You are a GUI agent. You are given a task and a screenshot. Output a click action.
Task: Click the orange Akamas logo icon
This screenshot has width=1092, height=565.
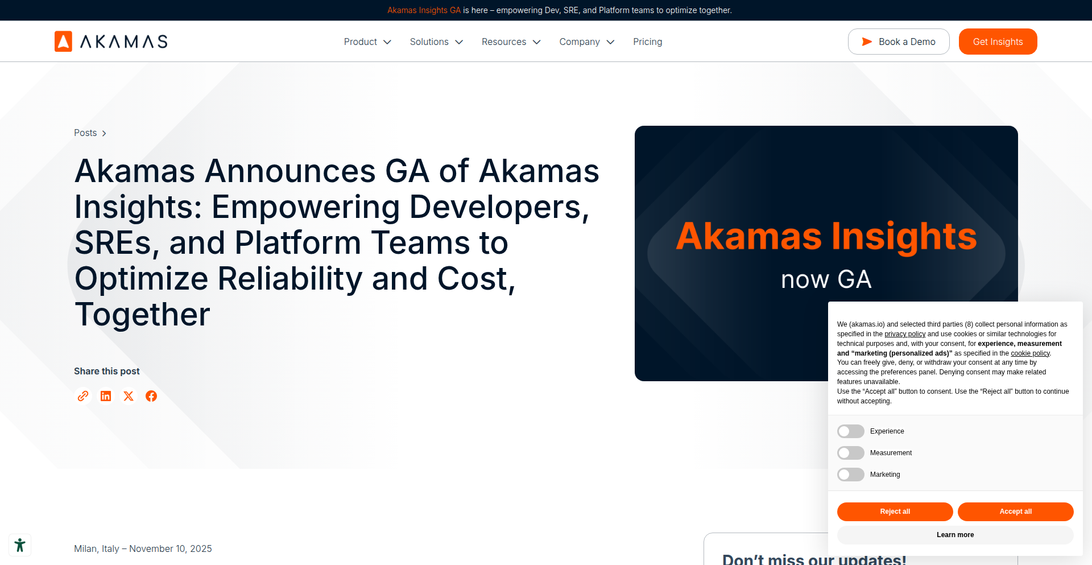coord(63,42)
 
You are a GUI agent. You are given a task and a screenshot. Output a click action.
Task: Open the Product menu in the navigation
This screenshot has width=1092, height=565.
coord(367,42)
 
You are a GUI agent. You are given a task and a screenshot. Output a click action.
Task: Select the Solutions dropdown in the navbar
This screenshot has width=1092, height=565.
coord(436,42)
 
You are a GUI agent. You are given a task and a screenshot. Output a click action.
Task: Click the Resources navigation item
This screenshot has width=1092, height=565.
coord(511,42)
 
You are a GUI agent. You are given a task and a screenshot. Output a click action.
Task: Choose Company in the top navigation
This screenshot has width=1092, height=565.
coord(586,42)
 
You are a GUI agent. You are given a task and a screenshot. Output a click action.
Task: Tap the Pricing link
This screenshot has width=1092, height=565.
coord(647,42)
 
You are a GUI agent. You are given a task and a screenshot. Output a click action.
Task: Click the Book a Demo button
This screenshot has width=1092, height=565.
coord(898,42)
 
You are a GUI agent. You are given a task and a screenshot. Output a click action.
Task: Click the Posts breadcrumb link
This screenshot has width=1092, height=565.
coord(85,133)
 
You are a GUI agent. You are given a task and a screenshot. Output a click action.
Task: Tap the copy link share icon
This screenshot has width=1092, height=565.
coord(83,396)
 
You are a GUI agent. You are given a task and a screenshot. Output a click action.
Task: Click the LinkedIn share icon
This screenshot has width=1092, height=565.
coord(106,396)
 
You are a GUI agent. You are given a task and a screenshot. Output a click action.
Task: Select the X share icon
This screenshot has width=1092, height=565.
coord(129,396)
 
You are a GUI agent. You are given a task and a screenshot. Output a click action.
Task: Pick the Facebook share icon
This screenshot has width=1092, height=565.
coord(151,396)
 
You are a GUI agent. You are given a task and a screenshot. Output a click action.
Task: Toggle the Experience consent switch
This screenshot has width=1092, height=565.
coord(850,431)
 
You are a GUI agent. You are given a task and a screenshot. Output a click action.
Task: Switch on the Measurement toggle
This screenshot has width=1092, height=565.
coord(850,453)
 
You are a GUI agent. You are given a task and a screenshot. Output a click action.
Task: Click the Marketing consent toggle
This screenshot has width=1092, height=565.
coord(850,475)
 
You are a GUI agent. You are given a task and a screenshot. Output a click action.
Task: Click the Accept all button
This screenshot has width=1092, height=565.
coord(1015,512)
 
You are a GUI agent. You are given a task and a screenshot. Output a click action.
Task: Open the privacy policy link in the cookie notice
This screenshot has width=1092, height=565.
coord(905,334)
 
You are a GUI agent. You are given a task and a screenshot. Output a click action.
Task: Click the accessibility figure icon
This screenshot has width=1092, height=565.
coord(20,545)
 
